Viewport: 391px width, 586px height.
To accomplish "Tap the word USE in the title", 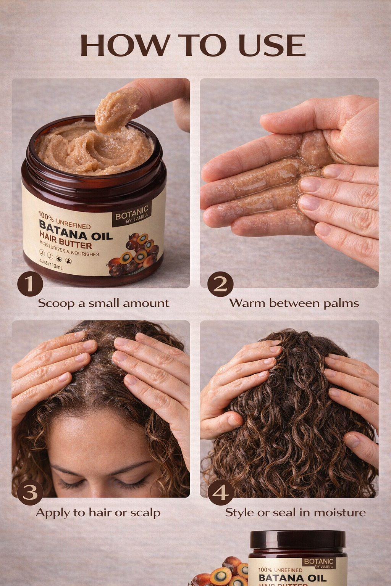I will click(272, 45).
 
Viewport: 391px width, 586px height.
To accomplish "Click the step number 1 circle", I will click(30, 284).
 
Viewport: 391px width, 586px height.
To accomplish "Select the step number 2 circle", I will click(220, 284).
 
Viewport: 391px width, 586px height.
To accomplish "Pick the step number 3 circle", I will click(30, 493).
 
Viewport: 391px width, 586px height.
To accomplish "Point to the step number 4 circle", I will click(220, 493).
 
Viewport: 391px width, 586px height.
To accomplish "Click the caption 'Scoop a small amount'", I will click(103, 303).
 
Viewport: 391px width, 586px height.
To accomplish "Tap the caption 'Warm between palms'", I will click(294, 303).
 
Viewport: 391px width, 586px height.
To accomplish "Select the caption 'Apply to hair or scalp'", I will click(98, 512).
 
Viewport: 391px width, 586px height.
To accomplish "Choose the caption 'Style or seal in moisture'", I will click(295, 512).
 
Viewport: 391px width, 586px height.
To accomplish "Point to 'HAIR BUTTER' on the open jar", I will click(66, 243).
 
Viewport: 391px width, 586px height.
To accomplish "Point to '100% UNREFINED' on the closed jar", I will click(280, 570).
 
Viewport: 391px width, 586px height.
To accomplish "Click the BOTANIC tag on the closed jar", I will click(319, 562).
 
